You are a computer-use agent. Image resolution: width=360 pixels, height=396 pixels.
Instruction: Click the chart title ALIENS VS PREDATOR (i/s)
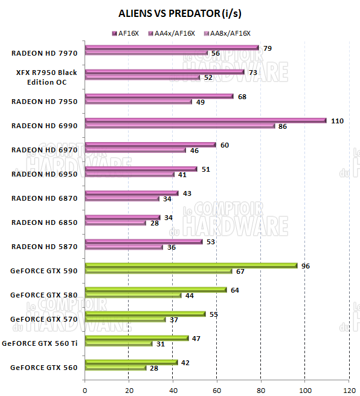[x=181, y=13]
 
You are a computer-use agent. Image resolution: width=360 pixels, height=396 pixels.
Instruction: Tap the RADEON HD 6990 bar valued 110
[x=205, y=120]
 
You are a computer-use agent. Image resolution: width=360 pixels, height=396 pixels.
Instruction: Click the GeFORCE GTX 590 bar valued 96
[x=191, y=265]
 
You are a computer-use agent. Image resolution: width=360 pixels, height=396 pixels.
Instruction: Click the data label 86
[x=282, y=126]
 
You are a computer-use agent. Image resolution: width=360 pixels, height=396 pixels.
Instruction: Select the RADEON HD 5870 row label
[x=44, y=247]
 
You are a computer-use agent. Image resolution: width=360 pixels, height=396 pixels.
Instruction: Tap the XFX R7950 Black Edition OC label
[x=47, y=77]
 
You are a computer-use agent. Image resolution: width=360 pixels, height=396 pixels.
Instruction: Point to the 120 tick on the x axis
[x=349, y=389]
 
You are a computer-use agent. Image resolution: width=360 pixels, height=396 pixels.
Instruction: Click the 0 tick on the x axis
[x=85, y=389]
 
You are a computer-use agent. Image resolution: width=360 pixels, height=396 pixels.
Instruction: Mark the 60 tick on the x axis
[x=217, y=389]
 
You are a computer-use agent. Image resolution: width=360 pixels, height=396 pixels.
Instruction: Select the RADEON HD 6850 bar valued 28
[x=115, y=222]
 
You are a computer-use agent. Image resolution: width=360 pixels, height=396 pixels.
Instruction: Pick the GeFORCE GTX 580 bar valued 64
[x=156, y=290]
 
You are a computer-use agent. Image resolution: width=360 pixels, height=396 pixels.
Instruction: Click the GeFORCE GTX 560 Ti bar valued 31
[x=119, y=343]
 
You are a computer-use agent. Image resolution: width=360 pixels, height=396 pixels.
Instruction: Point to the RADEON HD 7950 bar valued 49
[x=139, y=102]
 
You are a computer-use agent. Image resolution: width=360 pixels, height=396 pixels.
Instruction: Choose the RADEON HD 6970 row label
[x=44, y=150]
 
